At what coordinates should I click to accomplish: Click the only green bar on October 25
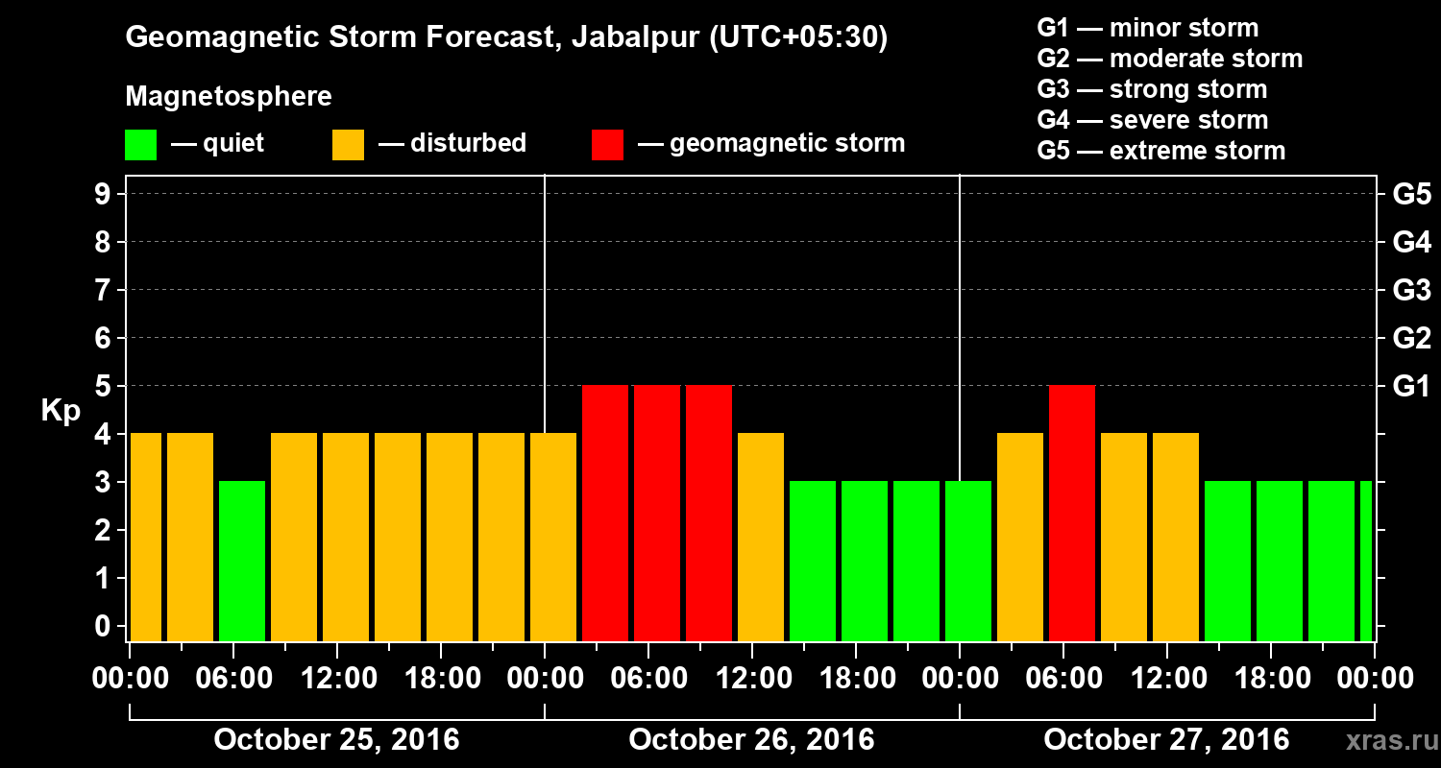click(x=242, y=561)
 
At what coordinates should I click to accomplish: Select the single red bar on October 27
click(x=1072, y=513)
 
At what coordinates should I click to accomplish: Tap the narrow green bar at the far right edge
click(x=1366, y=561)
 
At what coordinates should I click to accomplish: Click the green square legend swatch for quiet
click(x=140, y=145)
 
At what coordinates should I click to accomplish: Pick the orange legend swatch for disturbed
click(x=348, y=145)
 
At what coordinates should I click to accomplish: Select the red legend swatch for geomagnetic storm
click(x=607, y=145)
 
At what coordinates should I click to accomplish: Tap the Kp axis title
click(x=61, y=411)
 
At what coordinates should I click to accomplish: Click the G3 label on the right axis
click(x=1411, y=290)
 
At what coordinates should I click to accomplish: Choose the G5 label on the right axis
click(x=1411, y=195)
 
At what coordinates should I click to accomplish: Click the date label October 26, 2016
click(x=751, y=740)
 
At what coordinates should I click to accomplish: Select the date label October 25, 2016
click(x=336, y=740)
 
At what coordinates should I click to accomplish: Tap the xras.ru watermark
click(x=1384, y=740)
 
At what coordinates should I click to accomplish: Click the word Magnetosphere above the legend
click(x=229, y=97)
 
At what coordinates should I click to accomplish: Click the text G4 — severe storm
click(x=1153, y=120)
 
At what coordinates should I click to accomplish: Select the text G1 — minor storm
click(x=1147, y=29)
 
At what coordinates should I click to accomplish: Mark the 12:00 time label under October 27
click(x=1166, y=679)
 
